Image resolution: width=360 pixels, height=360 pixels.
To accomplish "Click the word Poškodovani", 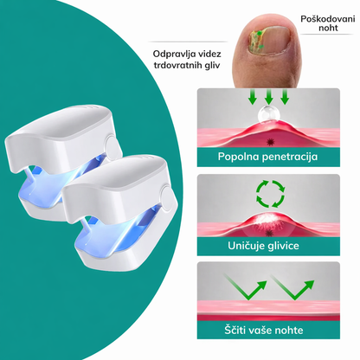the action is click(x=328, y=19).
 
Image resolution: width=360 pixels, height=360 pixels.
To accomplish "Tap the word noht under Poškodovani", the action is click(x=328, y=28).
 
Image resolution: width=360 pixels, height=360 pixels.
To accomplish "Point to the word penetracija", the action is click(x=290, y=157).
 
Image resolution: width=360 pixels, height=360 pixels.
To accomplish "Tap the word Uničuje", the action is click(x=246, y=246).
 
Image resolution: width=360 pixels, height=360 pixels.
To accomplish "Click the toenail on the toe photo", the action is click(x=269, y=41).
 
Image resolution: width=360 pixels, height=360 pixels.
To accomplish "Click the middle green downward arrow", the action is click(x=269, y=97).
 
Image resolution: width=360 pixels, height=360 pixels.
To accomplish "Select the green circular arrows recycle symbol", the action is click(x=270, y=194).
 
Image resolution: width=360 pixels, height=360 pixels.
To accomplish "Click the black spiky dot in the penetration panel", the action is click(x=270, y=142).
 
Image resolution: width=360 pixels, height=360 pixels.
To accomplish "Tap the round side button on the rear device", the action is click(x=111, y=145).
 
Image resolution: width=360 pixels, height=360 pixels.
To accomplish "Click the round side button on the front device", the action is click(x=168, y=198).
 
